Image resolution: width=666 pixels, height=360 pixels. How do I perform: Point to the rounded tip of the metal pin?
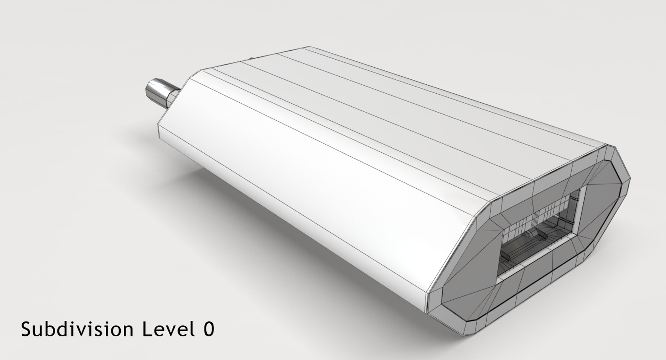pyautogui.click(x=147, y=89)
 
